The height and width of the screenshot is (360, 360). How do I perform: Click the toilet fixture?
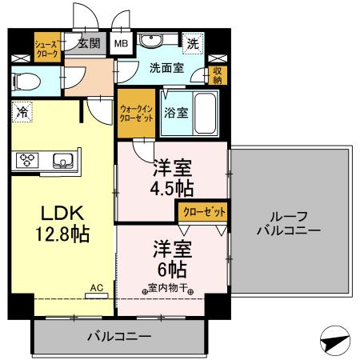coord(26,80)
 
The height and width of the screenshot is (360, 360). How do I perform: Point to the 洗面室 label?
coord(166,68)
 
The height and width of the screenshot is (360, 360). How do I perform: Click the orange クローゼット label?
coord(201,211)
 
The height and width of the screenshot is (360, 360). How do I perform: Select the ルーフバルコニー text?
coord(289,223)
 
